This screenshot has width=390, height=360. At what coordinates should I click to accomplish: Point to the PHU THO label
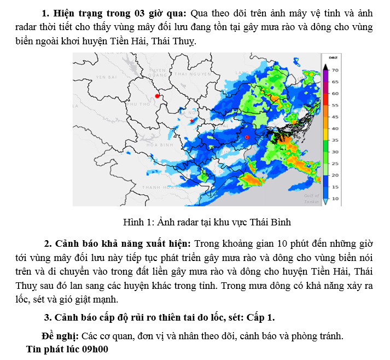coord(138,103)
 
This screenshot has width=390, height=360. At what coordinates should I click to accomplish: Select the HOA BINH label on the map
coord(160,145)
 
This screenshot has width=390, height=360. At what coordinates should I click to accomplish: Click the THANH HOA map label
coord(154,187)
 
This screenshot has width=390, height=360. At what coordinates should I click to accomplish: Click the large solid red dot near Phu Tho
coord(157,96)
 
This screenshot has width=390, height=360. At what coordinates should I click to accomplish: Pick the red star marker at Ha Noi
coord(191,120)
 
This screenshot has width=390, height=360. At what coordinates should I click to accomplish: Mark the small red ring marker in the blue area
coord(247,137)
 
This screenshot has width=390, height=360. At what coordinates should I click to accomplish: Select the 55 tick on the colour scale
coord(335,105)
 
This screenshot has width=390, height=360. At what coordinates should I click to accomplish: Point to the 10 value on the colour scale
coord(335,198)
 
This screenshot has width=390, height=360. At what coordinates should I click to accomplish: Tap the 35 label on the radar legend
coord(335,140)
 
